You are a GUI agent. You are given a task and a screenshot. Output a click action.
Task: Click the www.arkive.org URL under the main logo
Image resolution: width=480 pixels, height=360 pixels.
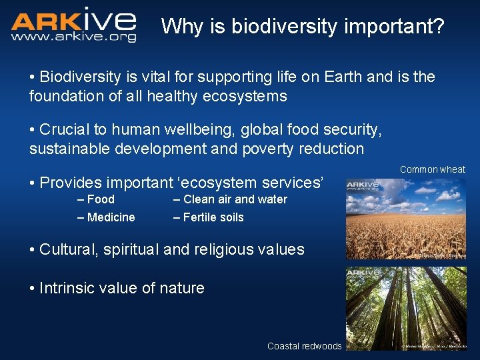pyautogui.click(x=73, y=37)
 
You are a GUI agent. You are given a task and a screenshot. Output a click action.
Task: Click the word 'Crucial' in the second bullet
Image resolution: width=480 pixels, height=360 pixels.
pyautogui.click(x=65, y=129)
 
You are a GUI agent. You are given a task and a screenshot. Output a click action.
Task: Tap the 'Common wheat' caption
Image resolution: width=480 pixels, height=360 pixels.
pyautogui.click(x=432, y=169)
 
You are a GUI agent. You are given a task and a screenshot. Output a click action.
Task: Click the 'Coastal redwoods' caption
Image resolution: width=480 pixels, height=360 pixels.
pyautogui.click(x=304, y=346)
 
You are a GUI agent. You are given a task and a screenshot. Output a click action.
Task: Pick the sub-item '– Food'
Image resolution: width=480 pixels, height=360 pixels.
pyautogui.click(x=96, y=199)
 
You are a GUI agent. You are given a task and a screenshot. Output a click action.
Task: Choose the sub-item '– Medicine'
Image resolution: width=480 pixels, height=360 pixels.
pyautogui.click(x=106, y=217)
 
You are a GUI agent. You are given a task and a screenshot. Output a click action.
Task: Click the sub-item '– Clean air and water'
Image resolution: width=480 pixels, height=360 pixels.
pyautogui.click(x=230, y=199)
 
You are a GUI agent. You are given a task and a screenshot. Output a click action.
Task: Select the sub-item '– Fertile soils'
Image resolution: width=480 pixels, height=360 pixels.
pyautogui.click(x=208, y=217)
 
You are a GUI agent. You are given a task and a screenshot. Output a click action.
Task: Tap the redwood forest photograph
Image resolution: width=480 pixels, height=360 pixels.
pyautogui.click(x=405, y=308)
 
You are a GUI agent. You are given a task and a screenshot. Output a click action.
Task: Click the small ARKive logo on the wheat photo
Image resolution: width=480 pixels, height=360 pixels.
pyautogui.click(x=363, y=185)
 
